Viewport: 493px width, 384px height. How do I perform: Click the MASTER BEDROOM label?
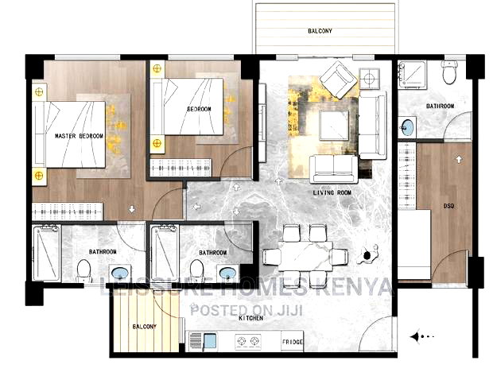pyautogui.click(x=79, y=136)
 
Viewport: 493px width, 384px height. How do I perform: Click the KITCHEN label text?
pyautogui.click(x=251, y=317)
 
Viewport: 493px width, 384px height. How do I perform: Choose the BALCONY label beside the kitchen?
pyautogui.click(x=144, y=326)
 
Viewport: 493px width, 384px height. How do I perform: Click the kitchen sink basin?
pyautogui.click(x=209, y=341)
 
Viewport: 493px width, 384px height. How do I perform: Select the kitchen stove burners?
pyautogui.click(x=248, y=341)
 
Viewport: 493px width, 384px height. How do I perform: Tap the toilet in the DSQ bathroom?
pyautogui.click(x=449, y=74)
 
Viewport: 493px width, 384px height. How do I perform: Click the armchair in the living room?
pyautogui.click(x=338, y=80)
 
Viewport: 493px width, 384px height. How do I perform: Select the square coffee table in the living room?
pyautogui.click(x=333, y=125)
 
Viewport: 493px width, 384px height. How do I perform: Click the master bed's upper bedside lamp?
pyautogui.click(x=38, y=91)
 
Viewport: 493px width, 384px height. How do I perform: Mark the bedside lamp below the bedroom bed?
pyautogui.click(x=157, y=143)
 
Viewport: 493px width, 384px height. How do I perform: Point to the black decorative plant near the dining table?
pyautogui.click(x=368, y=254)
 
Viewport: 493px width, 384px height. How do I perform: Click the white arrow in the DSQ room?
pyautogui.click(x=459, y=159)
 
